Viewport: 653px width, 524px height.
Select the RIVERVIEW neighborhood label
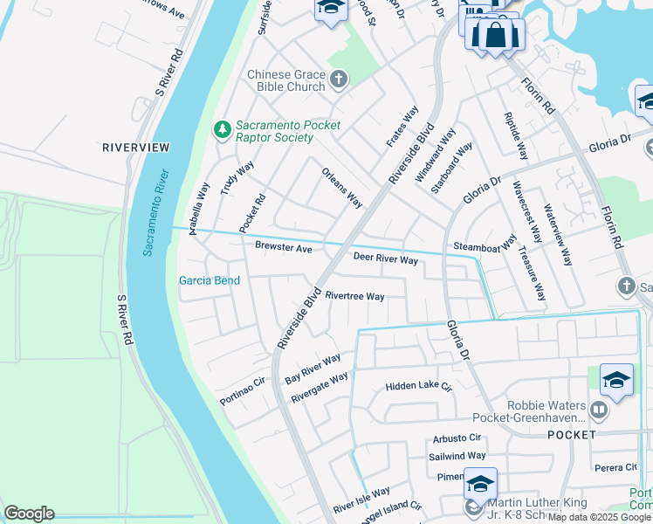135,148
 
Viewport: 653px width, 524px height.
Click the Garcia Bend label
210,280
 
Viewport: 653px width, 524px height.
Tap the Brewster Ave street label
283,248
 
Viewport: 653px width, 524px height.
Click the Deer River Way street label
385,259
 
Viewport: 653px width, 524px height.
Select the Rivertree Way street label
354,296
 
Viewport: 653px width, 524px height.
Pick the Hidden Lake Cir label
419,385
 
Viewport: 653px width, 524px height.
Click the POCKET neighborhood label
571,434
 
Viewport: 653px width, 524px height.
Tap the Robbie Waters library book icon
598,409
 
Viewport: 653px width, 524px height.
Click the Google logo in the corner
29,514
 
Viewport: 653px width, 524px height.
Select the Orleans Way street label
342,188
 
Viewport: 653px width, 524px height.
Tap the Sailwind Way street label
457,456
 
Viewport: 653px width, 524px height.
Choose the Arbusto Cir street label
457,438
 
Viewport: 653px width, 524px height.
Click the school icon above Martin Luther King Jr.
480,483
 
